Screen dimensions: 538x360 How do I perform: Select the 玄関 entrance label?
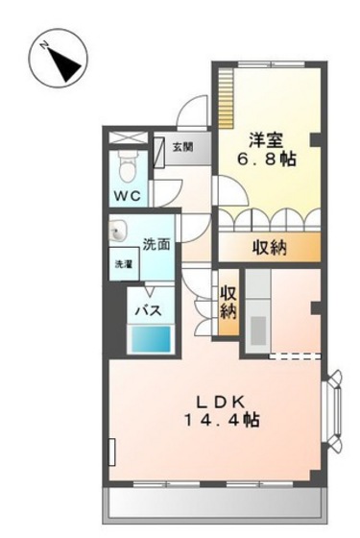(x=182, y=147)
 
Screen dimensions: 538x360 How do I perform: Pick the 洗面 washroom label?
(x=156, y=244)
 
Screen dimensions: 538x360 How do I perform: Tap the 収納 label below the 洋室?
(x=271, y=249)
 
